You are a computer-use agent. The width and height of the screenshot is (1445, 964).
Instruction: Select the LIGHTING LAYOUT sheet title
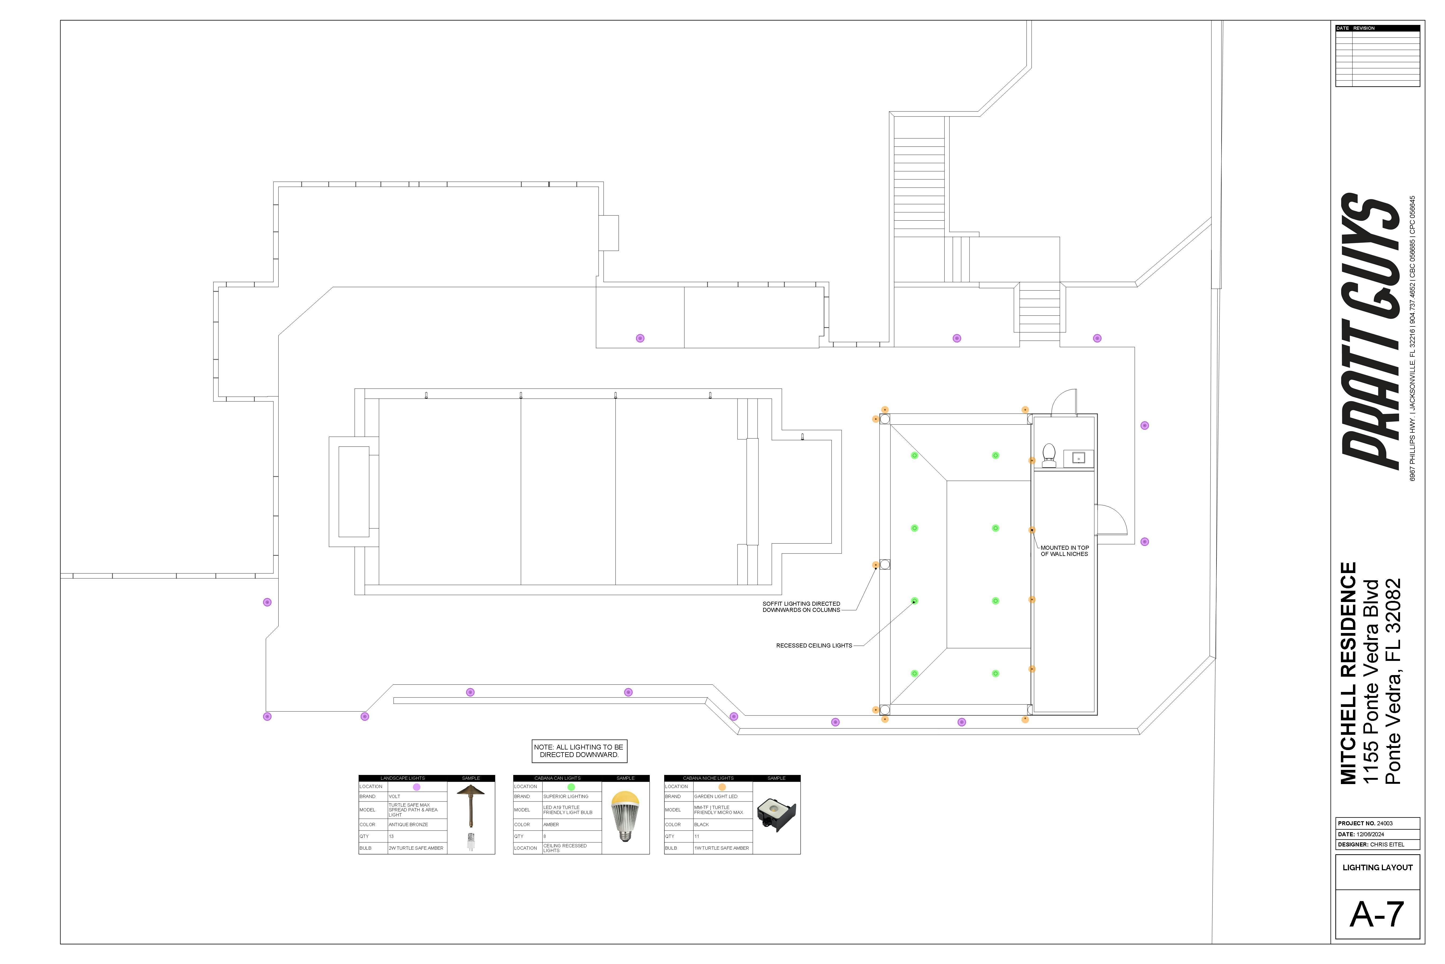(1377, 868)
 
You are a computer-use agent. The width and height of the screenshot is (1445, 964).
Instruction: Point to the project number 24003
(1385, 823)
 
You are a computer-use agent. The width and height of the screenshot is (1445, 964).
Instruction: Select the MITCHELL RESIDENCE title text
(1349, 673)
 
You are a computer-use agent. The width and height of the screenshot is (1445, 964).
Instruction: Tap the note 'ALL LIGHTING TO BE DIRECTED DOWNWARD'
(579, 751)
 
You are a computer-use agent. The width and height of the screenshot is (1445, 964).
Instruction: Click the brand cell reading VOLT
(394, 796)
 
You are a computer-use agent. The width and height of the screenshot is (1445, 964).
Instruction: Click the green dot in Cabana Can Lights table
(571, 787)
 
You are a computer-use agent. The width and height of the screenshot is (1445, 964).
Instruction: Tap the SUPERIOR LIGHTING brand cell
(565, 796)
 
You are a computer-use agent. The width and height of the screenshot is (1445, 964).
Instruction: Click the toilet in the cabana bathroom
(1049, 455)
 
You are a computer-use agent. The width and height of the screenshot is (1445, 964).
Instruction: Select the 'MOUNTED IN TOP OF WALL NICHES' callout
(1064, 551)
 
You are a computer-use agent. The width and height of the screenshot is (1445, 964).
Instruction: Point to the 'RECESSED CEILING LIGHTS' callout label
(814, 646)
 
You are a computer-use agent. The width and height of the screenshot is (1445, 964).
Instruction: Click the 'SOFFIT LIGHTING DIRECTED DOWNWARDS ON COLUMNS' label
(801, 607)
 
